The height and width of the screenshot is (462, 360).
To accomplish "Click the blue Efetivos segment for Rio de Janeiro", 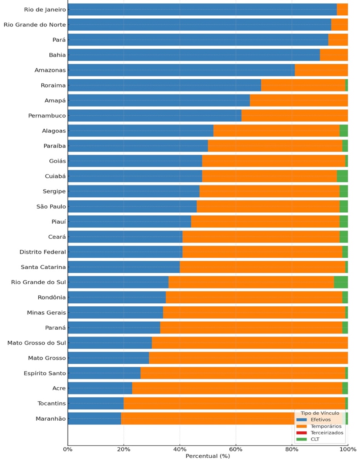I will (202, 9).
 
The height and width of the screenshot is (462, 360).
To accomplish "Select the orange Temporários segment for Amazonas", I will (321, 70).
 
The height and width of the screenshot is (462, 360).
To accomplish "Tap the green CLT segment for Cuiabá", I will (342, 176).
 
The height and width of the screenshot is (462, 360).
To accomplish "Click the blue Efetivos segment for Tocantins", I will (96, 403).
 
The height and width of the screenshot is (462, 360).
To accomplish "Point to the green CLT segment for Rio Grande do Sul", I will (341, 282).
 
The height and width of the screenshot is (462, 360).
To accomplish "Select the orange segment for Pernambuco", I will (294, 116).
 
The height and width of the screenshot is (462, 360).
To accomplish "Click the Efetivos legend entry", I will (317, 419).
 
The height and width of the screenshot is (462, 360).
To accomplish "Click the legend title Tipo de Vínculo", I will (320, 413).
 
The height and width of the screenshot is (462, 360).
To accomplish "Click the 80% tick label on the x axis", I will (291, 448).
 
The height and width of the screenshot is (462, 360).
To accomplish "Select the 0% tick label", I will (68, 448).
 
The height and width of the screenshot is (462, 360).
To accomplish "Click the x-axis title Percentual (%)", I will (208, 456).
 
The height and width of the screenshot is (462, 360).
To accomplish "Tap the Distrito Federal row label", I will (43, 252).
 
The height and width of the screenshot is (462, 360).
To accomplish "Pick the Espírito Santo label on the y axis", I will (45, 373).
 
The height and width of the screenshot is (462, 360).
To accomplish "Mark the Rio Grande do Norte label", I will (35, 25).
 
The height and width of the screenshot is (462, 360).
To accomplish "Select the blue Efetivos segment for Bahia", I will (194, 55).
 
